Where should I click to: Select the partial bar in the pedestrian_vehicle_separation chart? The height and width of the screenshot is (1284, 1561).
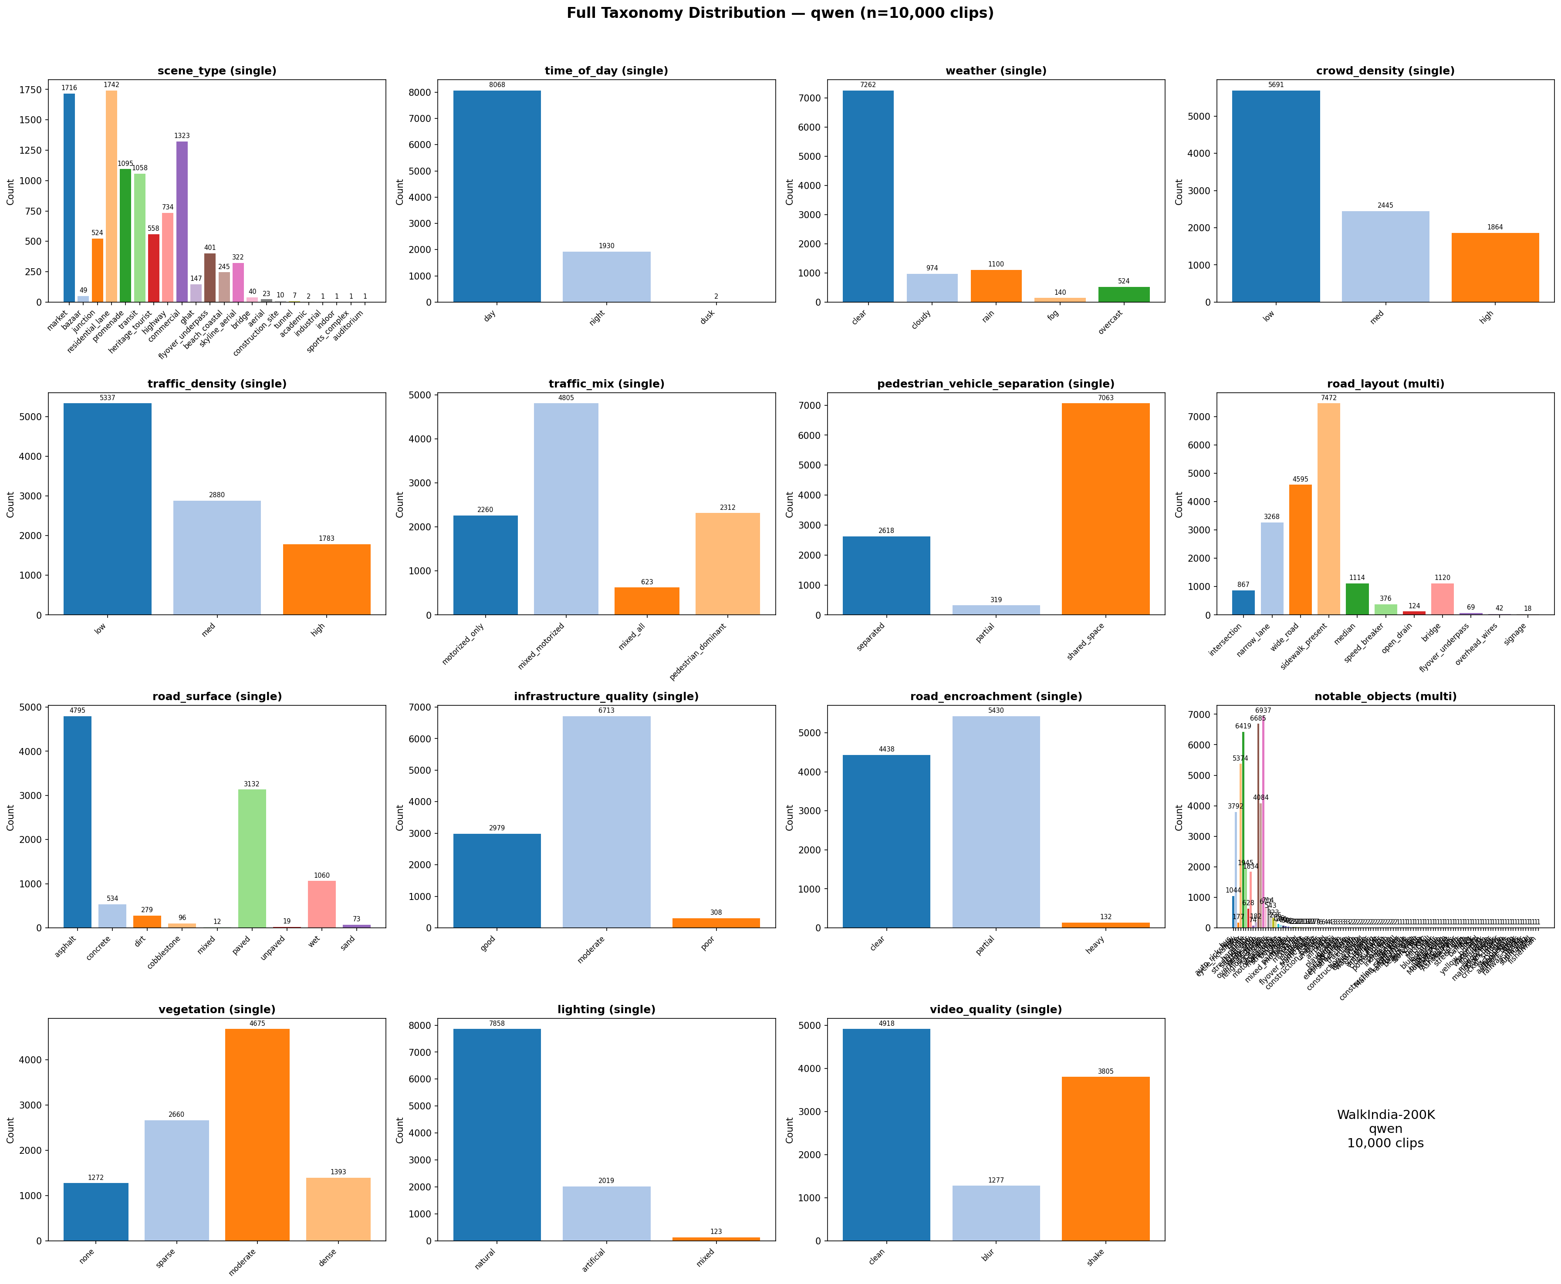pos(996,610)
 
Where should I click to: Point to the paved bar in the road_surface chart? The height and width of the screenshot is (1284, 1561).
pos(252,858)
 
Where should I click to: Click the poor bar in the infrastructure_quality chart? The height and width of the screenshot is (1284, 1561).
pos(716,923)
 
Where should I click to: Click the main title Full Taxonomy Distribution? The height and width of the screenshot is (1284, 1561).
pos(780,13)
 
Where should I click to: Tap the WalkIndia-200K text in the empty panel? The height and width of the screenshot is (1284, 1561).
pos(1385,1115)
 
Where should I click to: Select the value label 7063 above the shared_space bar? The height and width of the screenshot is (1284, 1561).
pos(1105,398)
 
